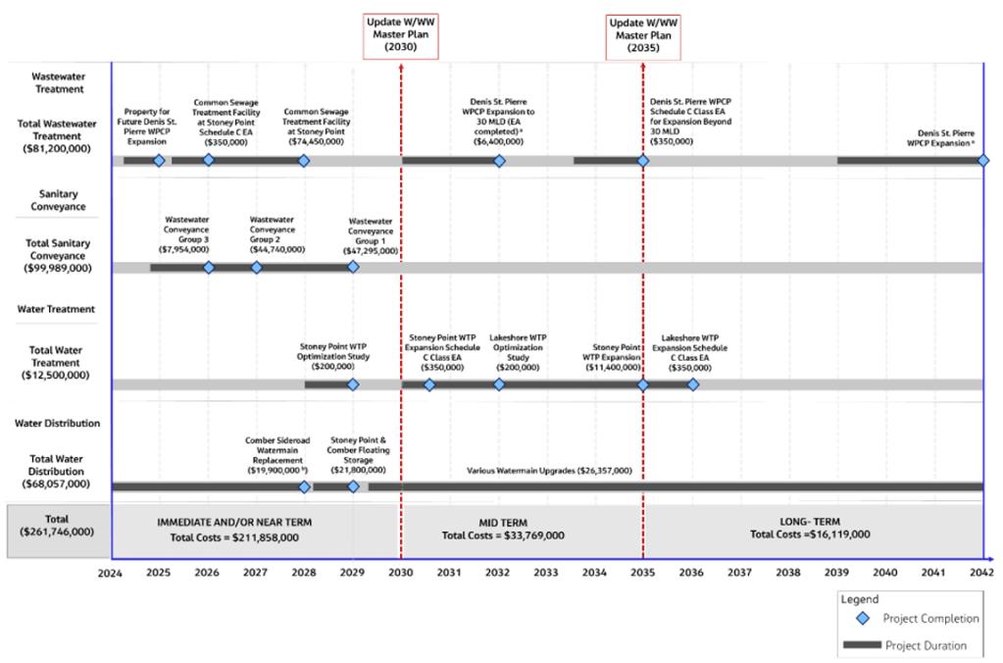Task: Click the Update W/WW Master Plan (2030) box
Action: (x=400, y=36)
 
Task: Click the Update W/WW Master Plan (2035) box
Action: (x=643, y=37)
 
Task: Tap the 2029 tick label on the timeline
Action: (x=352, y=572)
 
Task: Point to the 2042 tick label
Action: (x=981, y=572)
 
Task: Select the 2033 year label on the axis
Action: (x=546, y=572)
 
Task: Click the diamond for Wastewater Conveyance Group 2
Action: (x=257, y=268)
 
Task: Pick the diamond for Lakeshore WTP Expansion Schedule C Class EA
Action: (x=693, y=384)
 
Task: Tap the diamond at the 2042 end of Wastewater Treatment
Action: (x=983, y=161)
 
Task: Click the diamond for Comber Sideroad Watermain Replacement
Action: (x=305, y=487)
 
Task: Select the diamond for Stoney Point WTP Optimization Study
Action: (x=353, y=384)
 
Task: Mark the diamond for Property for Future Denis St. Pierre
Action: (x=159, y=161)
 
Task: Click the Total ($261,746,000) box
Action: (x=58, y=532)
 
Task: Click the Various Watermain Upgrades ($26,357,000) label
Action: (x=549, y=471)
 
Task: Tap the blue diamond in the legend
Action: (x=863, y=618)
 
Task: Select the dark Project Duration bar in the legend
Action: (x=862, y=644)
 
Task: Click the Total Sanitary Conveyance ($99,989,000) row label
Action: (x=58, y=255)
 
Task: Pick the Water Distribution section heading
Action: (x=58, y=423)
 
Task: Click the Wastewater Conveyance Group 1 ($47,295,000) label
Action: (x=371, y=236)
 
